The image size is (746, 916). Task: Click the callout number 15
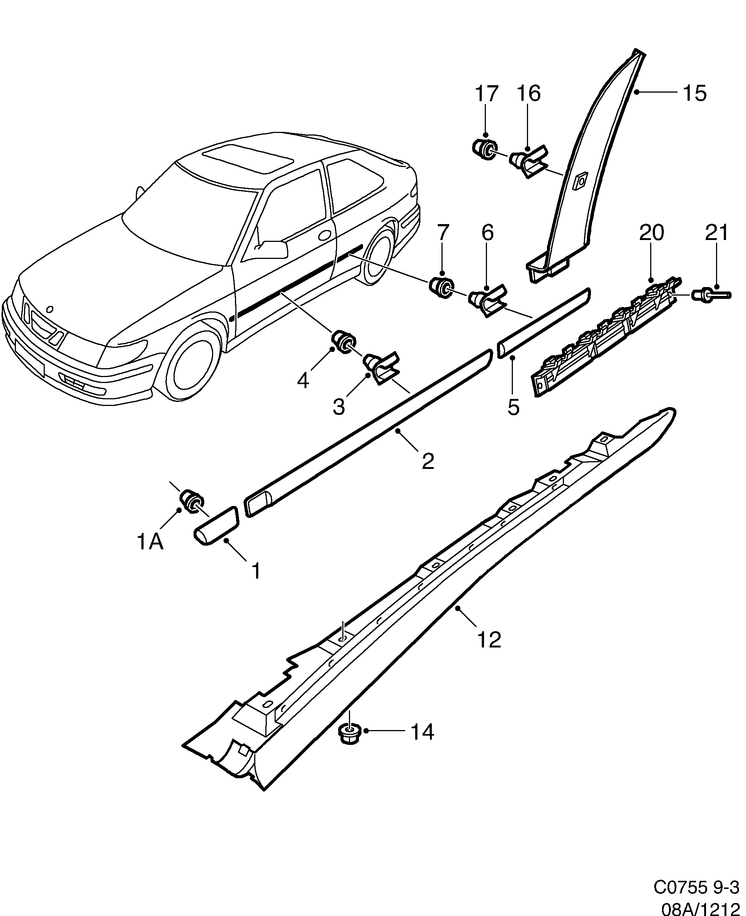[x=695, y=93]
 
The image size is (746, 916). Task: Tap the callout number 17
[x=487, y=93]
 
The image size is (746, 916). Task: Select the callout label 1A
[x=150, y=542]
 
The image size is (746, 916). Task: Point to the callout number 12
[x=490, y=639]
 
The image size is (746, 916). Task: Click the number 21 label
[x=717, y=233]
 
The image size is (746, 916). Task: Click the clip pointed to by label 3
[x=381, y=367]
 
